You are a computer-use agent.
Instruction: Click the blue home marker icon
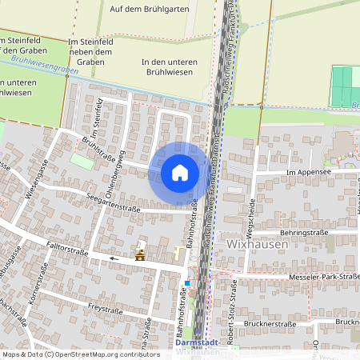pyautogui.click(x=179, y=172)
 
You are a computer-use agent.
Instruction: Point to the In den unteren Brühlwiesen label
pyautogui.click(x=169, y=68)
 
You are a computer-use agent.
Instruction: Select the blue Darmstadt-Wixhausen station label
pyautogui.click(x=196, y=346)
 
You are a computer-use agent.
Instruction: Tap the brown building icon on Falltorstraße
pyautogui.click(x=141, y=256)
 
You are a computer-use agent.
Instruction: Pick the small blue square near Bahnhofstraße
pyautogui.click(x=187, y=282)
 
